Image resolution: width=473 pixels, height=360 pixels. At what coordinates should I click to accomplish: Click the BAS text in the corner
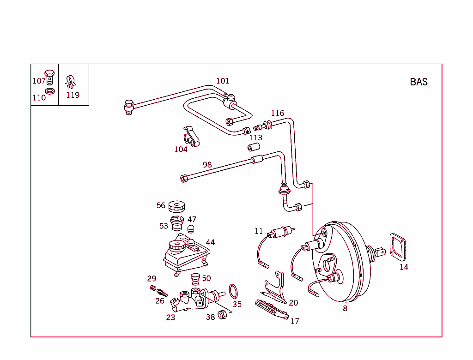(x=418, y=82)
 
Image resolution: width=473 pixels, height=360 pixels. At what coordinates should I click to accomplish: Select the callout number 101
(x=223, y=81)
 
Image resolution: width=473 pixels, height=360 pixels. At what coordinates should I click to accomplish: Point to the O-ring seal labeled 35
(x=235, y=292)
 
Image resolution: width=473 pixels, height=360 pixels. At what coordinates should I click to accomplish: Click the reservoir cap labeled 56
(x=176, y=206)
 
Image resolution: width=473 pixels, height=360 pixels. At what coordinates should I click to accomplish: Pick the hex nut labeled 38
(x=222, y=315)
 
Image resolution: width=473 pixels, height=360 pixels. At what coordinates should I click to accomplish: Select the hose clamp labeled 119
(x=71, y=82)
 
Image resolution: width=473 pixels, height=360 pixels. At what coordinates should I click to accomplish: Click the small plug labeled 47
(x=190, y=229)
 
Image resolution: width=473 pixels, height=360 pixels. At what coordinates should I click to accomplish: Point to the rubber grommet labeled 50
(x=195, y=279)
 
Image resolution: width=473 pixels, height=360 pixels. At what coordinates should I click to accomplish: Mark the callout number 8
(x=345, y=309)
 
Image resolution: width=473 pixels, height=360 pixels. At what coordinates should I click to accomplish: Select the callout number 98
(x=207, y=165)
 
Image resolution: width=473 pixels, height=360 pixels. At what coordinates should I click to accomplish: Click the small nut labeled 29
(x=153, y=288)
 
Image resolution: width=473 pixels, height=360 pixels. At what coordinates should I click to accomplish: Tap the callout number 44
(x=210, y=242)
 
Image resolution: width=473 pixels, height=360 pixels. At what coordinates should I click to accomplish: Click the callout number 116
(x=278, y=113)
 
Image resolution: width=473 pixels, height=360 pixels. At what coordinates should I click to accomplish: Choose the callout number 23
(x=170, y=317)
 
